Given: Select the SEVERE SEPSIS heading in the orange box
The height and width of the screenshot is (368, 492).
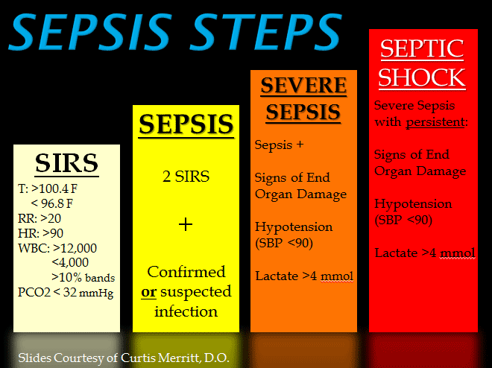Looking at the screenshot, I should [x=303, y=99].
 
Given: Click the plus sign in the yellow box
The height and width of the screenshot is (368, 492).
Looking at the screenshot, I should [x=186, y=224].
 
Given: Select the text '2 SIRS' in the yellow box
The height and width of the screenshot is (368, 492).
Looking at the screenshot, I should [x=186, y=177].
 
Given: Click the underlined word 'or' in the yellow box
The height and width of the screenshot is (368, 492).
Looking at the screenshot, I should [x=148, y=291].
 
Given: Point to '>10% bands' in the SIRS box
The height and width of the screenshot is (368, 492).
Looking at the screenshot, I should [x=83, y=277].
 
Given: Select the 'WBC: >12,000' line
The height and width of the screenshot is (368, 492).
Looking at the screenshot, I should [x=57, y=248].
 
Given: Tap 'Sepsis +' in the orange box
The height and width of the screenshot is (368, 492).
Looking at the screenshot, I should [x=280, y=145].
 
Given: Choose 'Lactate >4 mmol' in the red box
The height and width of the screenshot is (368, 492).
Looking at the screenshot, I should [x=425, y=253].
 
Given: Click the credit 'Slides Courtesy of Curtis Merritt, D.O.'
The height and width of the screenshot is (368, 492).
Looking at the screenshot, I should [x=123, y=357].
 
